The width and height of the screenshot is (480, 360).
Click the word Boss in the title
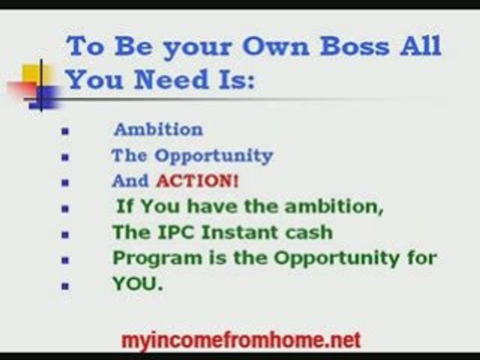click(x=354, y=46)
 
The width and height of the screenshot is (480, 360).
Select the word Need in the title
click(x=167, y=79)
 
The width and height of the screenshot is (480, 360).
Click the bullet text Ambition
click(x=158, y=130)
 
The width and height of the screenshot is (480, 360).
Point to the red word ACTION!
click(x=197, y=181)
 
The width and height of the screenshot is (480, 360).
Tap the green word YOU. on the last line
click(x=137, y=284)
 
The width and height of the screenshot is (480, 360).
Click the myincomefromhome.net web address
click(x=240, y=340)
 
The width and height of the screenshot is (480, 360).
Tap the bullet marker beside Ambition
click(x=64, y=132)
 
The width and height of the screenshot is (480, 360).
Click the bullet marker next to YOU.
click(x=64, y=286)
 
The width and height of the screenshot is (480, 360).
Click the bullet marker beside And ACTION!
click(x=64, y=183)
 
